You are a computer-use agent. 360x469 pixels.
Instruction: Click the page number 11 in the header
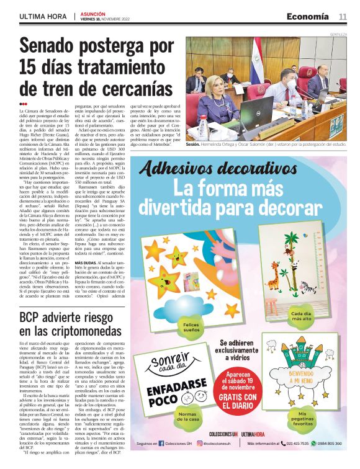(342, 17)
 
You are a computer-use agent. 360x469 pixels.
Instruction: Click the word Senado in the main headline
(56, 46)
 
